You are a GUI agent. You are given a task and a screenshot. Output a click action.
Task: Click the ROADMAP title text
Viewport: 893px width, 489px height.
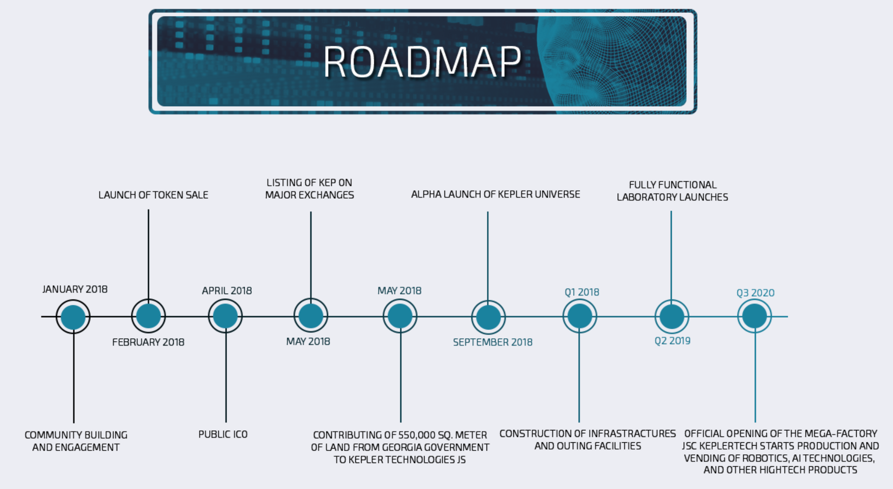point(422,62)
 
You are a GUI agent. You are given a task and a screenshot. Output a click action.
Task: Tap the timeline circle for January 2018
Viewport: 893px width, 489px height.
point(73,317)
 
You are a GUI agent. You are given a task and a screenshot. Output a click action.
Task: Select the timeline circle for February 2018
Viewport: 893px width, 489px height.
point(149,316)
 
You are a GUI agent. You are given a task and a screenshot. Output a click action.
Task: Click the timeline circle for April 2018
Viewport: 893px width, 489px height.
point(225,316)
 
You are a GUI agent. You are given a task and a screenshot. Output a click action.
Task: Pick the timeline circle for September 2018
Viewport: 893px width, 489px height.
point(489,317)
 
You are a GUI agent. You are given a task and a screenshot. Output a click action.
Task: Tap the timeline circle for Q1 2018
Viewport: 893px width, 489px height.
point(580,316)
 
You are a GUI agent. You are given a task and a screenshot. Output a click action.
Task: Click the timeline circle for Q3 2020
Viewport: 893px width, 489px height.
point(755,316)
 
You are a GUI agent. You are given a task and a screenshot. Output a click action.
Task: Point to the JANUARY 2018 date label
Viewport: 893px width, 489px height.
point(75,289)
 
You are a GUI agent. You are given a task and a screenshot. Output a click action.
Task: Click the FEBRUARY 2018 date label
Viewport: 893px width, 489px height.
point(148,342)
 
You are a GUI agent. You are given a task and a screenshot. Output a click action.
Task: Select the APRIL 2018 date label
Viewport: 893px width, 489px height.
point(227,290)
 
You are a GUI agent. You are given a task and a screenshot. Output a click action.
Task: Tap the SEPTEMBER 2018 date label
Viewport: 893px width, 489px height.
point(493,342)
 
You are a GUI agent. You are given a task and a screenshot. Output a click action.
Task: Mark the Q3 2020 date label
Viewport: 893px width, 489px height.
point(755,293)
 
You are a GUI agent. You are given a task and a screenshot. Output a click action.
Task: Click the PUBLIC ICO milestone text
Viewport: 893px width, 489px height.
point(223,434)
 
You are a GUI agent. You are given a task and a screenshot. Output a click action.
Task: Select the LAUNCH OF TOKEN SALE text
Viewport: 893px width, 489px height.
point(153,195)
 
